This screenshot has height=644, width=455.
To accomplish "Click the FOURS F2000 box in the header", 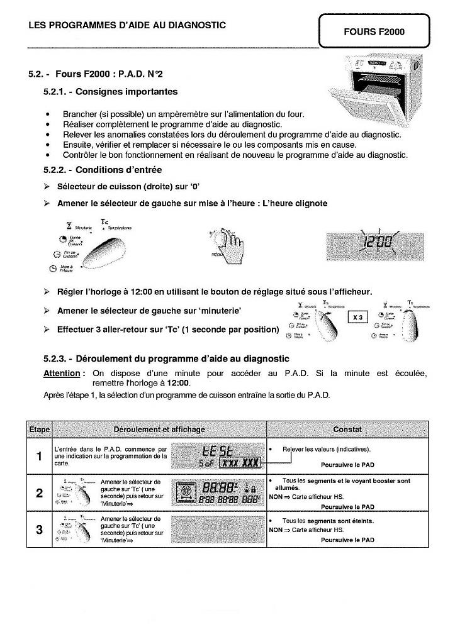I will click(x=374, y=31).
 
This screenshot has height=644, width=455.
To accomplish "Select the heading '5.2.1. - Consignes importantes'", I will click(x=111, y=92).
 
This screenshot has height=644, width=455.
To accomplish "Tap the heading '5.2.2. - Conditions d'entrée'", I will click(x=103, y=170).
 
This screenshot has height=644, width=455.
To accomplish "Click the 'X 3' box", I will click(x=357, y=318).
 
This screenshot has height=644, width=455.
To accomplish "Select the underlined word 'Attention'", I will click(x=62, y=374).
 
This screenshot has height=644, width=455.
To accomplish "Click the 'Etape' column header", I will click(x=39, y=430).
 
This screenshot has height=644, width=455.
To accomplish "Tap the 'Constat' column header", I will click(x=347, y=430).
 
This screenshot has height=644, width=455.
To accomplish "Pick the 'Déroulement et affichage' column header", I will click(x=159, y=430).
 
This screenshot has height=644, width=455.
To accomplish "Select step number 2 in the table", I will click(x=39, y=493).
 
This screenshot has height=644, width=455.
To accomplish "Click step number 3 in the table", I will click(x=39, y=530).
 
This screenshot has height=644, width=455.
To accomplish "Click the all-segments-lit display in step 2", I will click(x=218, y=492).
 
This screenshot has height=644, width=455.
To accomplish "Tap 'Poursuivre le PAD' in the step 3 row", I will click(x=347, y=540).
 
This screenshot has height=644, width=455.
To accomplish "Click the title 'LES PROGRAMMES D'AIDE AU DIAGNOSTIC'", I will click(x=127, y=25).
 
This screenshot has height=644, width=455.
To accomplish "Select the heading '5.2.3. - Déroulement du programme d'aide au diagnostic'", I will click(x=166, y=358).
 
